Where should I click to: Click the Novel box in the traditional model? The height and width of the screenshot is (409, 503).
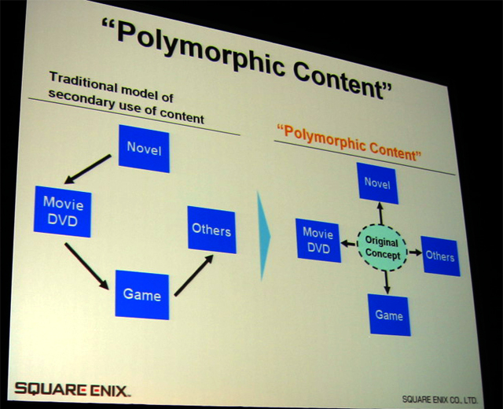pos(143,147)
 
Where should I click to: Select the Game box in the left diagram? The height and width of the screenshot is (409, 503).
pos(142,294)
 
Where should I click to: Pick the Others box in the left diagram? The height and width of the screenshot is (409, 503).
pos(211,230)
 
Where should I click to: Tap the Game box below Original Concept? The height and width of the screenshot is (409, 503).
pos(389,314)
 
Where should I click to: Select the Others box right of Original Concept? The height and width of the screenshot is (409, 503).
pos(440,256)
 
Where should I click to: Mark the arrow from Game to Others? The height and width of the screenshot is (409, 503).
pos(193,275)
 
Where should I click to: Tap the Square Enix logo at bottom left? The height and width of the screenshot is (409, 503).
pos(73,388)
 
